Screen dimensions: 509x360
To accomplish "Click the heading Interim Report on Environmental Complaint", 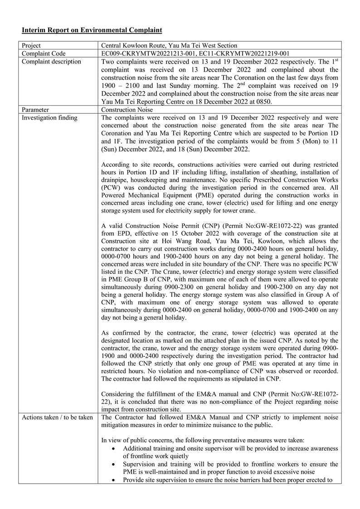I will pos(92,30).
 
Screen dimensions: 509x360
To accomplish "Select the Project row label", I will pos(31,45).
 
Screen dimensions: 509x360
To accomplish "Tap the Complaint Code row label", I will pos(44,53).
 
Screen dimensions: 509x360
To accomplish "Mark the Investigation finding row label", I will pos(49,118).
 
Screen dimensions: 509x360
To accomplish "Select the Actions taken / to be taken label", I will pos(57,417).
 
